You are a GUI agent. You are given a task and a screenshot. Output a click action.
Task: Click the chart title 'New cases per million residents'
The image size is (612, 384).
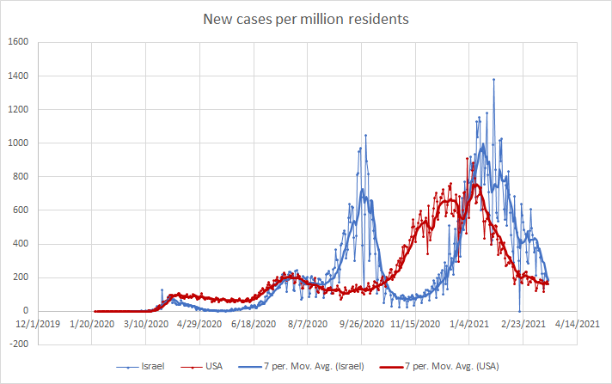click(x=306, y=18)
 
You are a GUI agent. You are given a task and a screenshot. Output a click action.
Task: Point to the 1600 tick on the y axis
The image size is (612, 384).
click(x=18, y=42)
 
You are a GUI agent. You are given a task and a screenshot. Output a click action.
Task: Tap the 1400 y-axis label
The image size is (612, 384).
click(x=18, y=76)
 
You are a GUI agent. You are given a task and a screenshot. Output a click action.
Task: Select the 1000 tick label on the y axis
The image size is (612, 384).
click(x=18, y=143)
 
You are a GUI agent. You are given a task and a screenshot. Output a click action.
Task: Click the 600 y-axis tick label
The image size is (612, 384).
click(x=21, y=210)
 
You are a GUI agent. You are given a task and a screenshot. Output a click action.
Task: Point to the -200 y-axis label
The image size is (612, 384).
click(x=18, y=344)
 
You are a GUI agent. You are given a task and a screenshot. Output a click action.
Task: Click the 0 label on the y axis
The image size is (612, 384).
click(x=26, y=311)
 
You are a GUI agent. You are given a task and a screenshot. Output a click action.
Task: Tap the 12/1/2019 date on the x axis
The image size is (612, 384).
click(x=39, y=324)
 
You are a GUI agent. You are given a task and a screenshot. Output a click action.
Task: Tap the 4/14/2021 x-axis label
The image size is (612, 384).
click(x=577, y=324)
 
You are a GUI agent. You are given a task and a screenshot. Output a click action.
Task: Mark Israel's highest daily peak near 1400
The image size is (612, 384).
click(x=493, y=80)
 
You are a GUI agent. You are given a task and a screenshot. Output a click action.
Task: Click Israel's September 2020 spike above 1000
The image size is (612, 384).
click(x=365, y=135)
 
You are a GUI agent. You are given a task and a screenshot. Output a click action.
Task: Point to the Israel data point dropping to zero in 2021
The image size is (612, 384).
click(x=519, y=311)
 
